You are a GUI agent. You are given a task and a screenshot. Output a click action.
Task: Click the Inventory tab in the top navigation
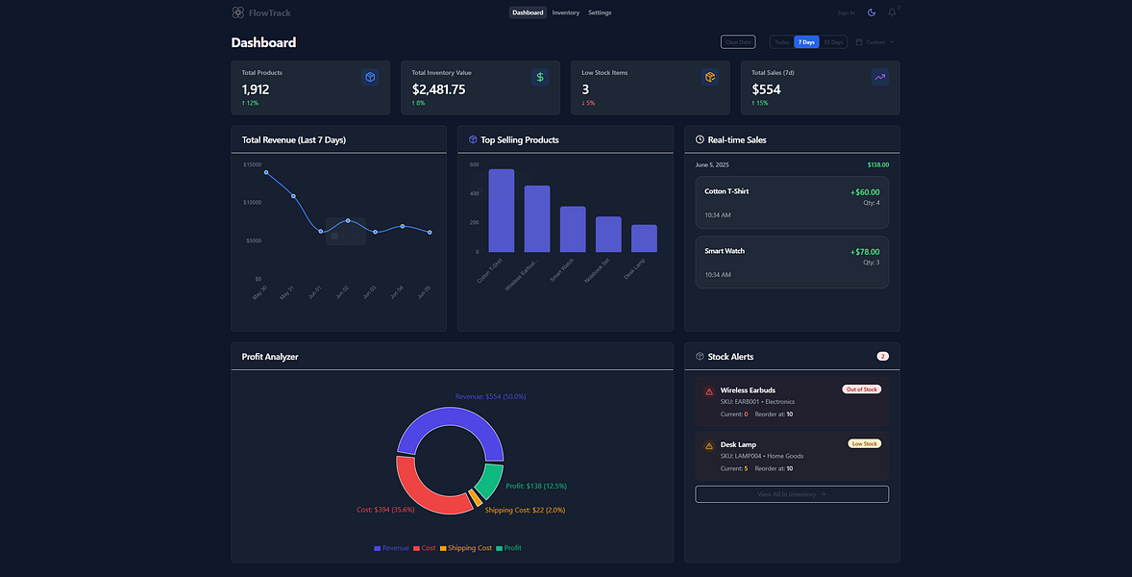click(565, 13)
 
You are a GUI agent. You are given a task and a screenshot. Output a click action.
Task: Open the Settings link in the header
click(600, 13)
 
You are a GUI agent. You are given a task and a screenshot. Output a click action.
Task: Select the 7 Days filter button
click(805, 42)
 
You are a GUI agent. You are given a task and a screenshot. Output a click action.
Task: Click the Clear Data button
click(738, 42)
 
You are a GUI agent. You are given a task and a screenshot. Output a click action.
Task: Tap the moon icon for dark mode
click(872, 13)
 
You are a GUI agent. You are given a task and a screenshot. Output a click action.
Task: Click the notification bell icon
click(892, 13)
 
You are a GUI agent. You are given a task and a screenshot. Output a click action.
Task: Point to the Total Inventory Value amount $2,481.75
click(438, 89)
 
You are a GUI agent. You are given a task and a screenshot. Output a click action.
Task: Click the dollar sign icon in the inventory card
click(540, 77)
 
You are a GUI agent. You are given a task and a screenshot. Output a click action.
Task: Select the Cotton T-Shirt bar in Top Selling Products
click(501, 211)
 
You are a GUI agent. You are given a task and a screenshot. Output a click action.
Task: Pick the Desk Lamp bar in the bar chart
click(644, 238)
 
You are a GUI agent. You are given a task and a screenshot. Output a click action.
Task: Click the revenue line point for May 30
click(266, 173)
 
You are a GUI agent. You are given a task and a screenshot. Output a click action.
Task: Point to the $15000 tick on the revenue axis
click(252, 165)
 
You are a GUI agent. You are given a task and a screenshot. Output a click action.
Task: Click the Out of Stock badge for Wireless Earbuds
click(861, 389)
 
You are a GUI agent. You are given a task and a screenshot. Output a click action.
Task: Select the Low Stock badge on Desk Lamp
click(864, 444)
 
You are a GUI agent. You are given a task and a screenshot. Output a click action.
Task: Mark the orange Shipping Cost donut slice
click(476, 497)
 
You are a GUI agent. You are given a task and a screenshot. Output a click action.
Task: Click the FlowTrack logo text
click(269, 13)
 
